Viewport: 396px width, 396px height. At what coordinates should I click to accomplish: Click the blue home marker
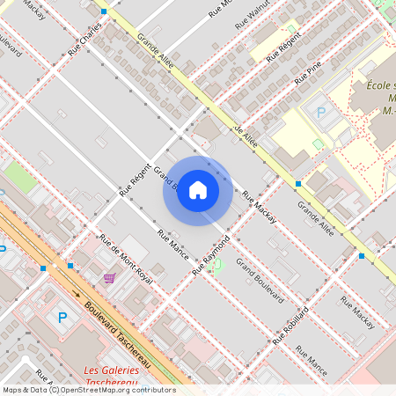click(x=198, y=190)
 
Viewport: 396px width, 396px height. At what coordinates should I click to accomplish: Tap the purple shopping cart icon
click(x=109, y=278)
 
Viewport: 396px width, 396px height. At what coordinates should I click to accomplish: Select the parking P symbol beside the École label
click(x=321, y=113)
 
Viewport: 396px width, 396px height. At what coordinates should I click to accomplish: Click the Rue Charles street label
click(x=85, y=40)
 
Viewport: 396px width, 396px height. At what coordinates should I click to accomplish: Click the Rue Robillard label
click(x=290, y=326)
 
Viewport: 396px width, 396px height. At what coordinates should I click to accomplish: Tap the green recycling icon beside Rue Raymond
click(x=218, y=264)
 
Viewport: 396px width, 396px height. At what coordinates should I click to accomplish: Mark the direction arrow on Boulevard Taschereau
click(x=77, y=296)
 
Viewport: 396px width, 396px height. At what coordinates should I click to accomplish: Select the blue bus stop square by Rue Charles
click(x=104, y=11)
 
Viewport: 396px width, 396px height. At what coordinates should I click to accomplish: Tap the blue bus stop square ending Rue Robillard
click(x=361, y=256)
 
